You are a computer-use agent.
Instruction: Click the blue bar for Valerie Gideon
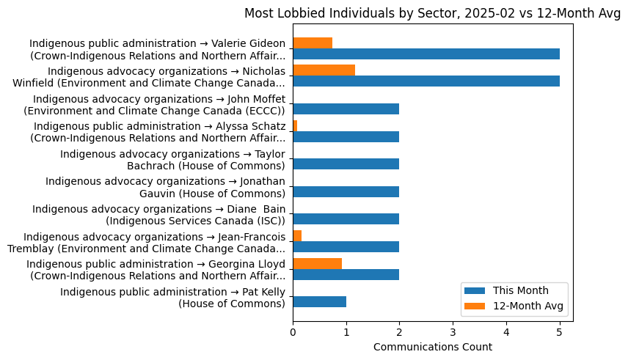(x=426, y=54)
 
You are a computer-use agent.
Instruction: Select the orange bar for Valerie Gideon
(x=313, y=43)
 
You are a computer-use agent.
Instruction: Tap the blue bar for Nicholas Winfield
(x=426, y=81)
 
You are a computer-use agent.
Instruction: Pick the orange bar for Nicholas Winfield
(x=324, y=70)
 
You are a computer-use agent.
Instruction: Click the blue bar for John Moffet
(x=346, y=109)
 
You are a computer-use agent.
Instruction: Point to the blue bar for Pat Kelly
(x=319, y=302)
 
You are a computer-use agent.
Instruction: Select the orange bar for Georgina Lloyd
(x=317, y=263)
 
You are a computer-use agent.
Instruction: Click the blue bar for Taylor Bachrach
(x=346, y=164)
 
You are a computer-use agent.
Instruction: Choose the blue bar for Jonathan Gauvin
(x=346, y=192)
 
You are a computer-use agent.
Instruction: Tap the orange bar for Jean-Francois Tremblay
(x=297, y=235)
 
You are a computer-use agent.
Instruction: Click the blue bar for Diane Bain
(x=346, y=219)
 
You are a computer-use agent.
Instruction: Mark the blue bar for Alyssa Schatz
(x=346, y=137)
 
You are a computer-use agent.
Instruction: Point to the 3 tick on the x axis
(x=453, y=332)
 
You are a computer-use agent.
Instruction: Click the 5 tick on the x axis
(x=560, y=332)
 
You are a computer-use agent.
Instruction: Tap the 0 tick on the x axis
(x=293, y=332)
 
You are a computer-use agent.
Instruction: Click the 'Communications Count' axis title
(x=432, y=347)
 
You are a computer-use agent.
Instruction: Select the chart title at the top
(x=432, y=13)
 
